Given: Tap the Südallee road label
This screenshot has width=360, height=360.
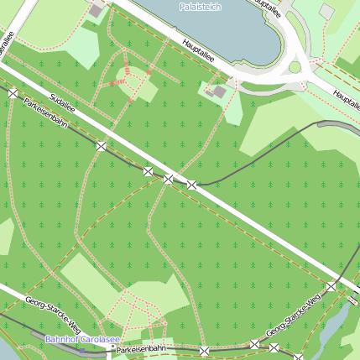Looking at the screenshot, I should pyautogui.click(x=62, y=102).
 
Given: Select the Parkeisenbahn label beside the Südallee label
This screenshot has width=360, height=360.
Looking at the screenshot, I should pyautogui.click(x=47, y=116).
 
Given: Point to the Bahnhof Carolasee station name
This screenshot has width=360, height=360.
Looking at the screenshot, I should pyautogui.click(x=81, y=339).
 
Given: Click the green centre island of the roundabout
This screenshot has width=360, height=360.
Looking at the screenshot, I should pyautogui.click(x=295, y=67).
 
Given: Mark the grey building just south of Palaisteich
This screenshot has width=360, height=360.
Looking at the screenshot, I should pyautogui.click(x=220, y=91).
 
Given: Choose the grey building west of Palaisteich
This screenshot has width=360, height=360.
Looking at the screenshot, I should pyautogui.click(x=97, y=10).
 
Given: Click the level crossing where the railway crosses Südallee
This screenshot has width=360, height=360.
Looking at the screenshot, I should pyautogui.click(x=169, y=179).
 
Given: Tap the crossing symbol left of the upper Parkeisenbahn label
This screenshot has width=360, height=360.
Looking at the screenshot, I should pyautogui.click(x=13, y=92).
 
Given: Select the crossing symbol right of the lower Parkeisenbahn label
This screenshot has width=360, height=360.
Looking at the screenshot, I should pyautogui.click(x=204, y=350).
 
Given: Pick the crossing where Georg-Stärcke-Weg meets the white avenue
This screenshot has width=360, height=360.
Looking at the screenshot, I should pyautogui.click(x=331, y=287).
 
